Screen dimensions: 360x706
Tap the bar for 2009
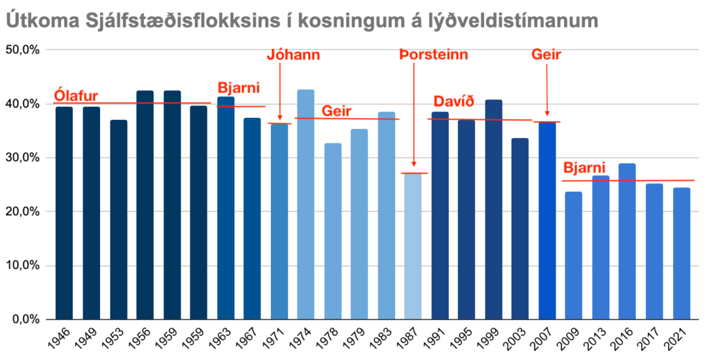point(573,255)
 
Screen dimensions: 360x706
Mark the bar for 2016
point(627,241)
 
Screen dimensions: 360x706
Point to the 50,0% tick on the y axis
point(23,50)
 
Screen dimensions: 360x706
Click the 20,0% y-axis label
point(23,212)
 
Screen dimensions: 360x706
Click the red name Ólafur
point(76,96)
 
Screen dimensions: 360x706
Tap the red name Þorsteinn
point(434,55)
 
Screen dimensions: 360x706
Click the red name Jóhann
point(294,55)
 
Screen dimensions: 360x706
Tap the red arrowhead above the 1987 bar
point(413,164)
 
